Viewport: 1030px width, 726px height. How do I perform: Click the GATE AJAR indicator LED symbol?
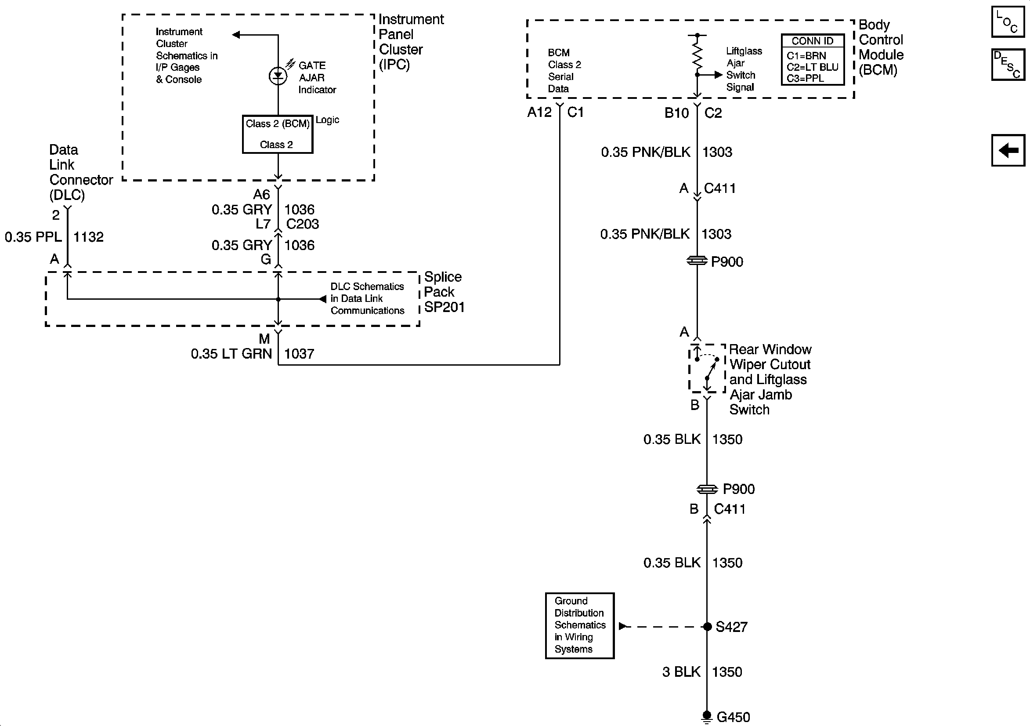[x=278, y=76]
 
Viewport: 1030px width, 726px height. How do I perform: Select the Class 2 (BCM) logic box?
[x=277, y=134]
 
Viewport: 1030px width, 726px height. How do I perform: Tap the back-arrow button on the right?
[x=1008, y=150]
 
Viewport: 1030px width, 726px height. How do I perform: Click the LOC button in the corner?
[x=1008, y=22]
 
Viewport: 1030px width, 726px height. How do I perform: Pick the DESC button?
[x=1008, y=65]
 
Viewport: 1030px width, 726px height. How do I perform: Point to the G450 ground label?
[x=733, y=717]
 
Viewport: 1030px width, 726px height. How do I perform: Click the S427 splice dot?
[x=707, y=627]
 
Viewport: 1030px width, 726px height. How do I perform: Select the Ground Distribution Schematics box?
[x=580, y=625]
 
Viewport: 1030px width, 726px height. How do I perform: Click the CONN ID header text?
[x=812, y=41]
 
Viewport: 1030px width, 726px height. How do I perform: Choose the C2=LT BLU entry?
[x=812, y=67]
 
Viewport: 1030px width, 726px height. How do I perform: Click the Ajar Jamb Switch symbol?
[x=707, y=368]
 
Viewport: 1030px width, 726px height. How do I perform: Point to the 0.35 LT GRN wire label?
[x=231, y=354]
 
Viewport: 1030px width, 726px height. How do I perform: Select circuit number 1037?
[x=299, y=354]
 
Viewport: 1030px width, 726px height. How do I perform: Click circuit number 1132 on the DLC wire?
[x=88, y=236]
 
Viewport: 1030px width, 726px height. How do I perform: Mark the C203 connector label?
[x=302, y=224]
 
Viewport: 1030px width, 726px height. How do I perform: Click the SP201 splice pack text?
[x=444, y=307]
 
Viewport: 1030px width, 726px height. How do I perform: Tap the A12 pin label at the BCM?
[x=539, y=112]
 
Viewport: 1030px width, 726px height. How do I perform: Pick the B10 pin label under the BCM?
[x=676, y=113]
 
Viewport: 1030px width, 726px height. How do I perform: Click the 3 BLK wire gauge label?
[x=681, y=672]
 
